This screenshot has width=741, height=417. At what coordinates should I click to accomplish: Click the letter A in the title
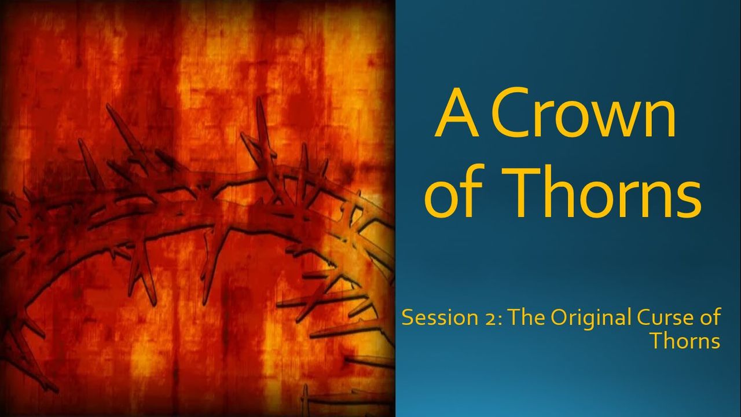pyautogui.click(x=457, y=112)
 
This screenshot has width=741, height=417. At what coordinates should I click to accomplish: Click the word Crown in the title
pyautogui.click(x=583, y=112)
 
